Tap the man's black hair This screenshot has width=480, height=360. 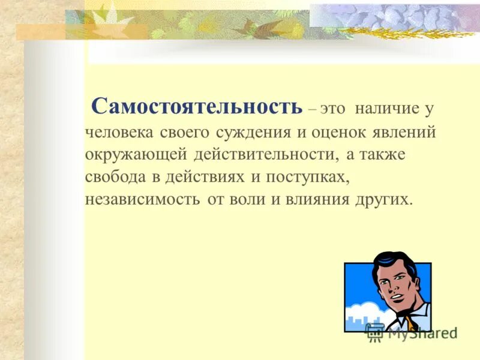coord(393,264)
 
